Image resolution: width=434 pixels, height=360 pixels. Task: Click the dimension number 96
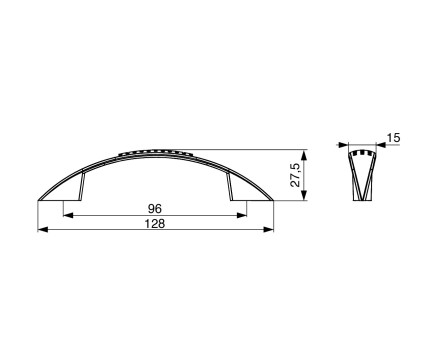pos(155,208)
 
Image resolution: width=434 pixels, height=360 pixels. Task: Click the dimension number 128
pos(155,224)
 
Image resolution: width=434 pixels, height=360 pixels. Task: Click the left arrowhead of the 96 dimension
pos(68,214)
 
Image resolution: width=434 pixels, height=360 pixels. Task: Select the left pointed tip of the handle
pos(40,199)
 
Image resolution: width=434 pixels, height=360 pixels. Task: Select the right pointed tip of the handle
pos(272,199)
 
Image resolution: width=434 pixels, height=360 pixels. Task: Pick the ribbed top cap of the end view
pos(361,153)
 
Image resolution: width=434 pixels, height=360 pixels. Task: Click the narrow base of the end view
pos(361,197)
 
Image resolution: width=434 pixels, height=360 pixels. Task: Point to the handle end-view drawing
pos(361,175)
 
